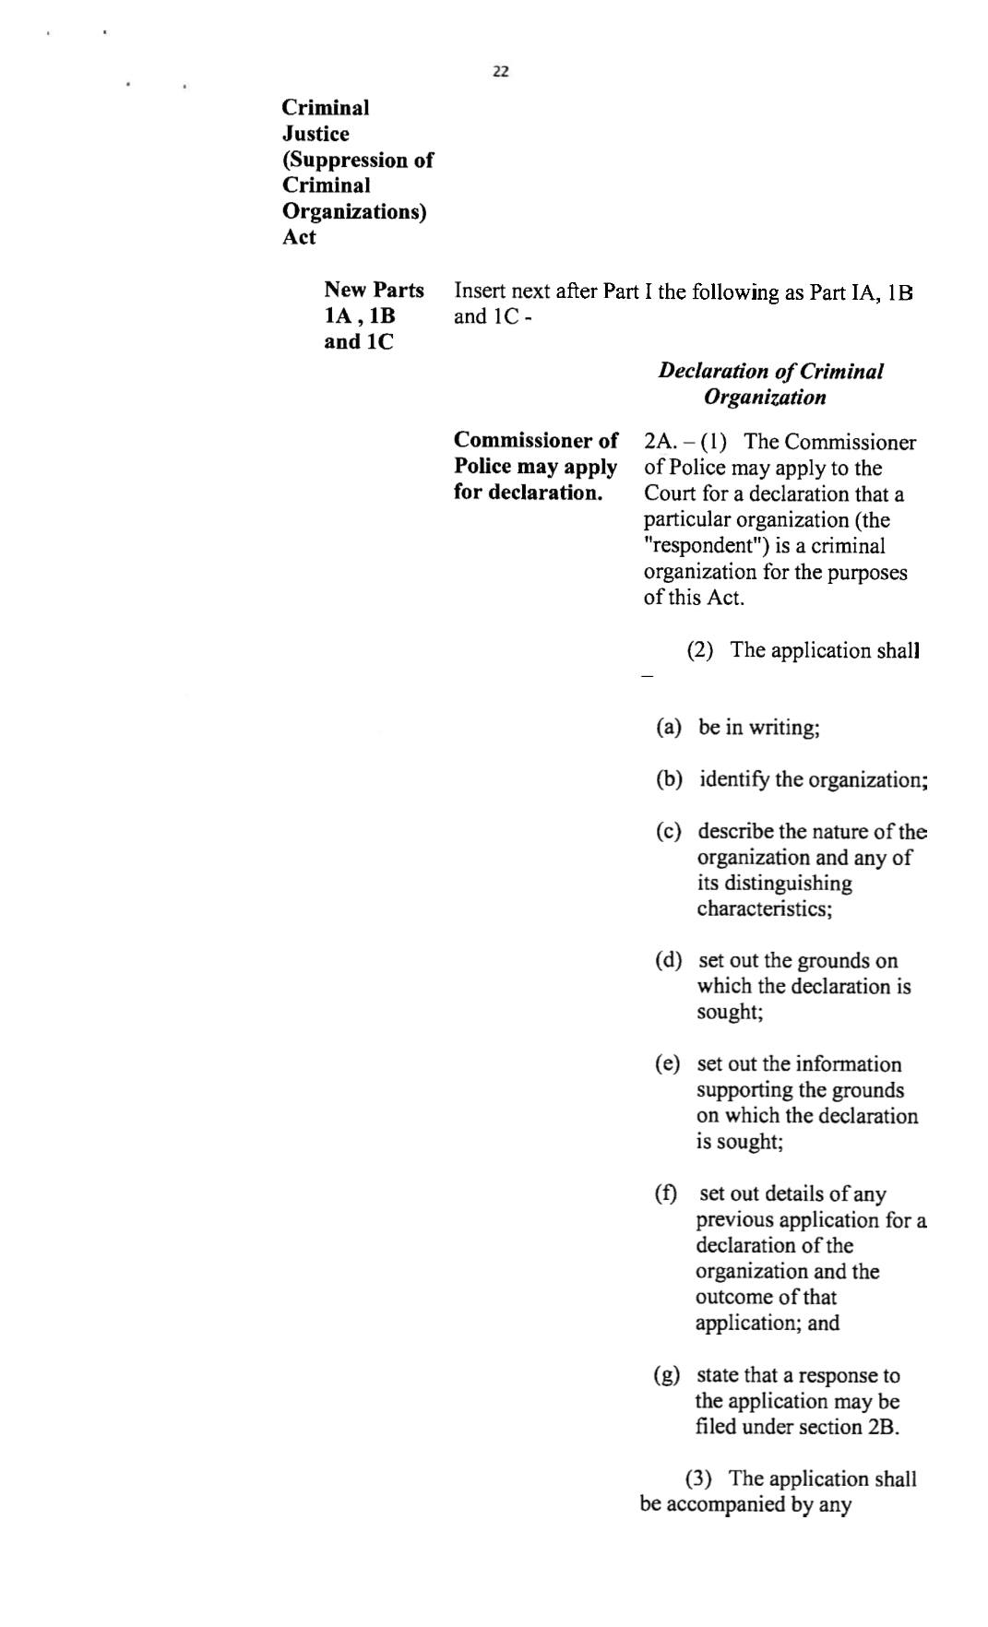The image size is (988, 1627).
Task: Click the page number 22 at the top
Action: (501, 72)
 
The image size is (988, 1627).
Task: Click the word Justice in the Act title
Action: (315, 134)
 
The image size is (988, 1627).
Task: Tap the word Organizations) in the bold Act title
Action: (354, 211)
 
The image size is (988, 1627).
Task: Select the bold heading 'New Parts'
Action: (374, 291)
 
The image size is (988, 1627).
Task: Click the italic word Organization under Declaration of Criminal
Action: (765, 398)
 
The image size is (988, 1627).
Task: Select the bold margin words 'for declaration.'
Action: (527, 493)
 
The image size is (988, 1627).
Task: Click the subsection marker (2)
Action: (700, 651)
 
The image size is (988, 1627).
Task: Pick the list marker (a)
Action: (669, 728)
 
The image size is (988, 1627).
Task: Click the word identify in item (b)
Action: (734, 780)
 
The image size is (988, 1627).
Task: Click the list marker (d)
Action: (669, 961)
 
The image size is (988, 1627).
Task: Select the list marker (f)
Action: (666, 1194)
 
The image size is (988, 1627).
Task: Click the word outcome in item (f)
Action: (733, 1298)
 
